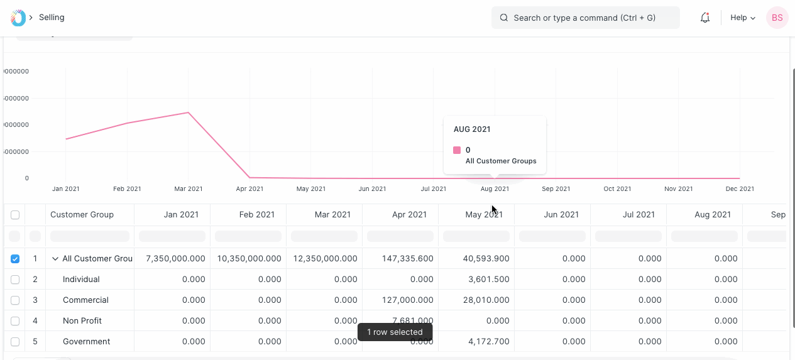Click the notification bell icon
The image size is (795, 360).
tap(705, 18)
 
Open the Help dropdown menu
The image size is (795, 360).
tap(742, 18)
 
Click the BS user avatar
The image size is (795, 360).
tap(777, 18)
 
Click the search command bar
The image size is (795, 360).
tap(584, 18)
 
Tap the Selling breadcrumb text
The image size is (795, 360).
tap(52, 18)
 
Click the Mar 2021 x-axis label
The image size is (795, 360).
tap(188, 188)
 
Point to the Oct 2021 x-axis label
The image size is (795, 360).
tap(617, 188)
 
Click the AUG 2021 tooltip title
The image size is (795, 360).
tap(472, 129)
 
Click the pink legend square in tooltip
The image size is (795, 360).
tap(457, 150)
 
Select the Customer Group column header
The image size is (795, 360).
tap(82, 215)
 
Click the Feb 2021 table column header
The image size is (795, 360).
tap(256, 215)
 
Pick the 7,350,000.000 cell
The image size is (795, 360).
tap(175, 259)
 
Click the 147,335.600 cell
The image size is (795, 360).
tap(409, 259)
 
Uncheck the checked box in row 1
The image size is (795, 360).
tap(15, 259)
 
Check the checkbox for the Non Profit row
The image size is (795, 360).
tap(15, 321)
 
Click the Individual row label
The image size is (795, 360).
tap(81, 280)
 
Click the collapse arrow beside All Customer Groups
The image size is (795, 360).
tap(55, 259)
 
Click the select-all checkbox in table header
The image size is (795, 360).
tap(15, 215)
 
